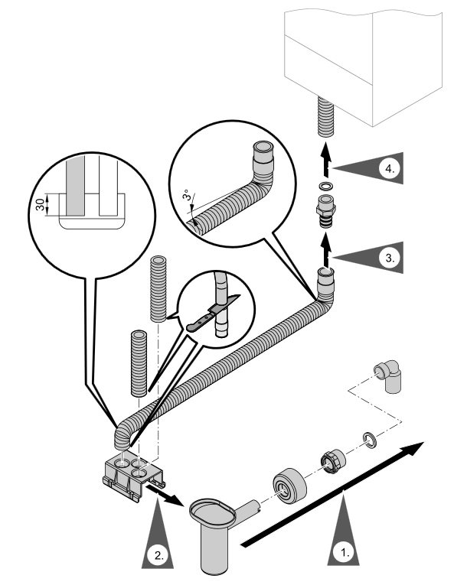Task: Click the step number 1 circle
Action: [344, 553]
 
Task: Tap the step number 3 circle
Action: [390, 258]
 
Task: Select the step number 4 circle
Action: [390, 169]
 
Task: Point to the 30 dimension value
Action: [40, 204]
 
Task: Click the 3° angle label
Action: [188, 196]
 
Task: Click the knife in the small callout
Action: [211, 314]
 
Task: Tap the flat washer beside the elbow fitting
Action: [369, 439]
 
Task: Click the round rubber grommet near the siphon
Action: [289, 486]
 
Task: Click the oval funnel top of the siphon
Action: [213, 512]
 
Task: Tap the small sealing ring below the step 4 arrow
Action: [326, 185]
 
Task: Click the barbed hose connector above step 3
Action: [326, 210]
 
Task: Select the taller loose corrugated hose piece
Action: [158, 288]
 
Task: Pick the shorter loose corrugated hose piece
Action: [139, 362]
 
